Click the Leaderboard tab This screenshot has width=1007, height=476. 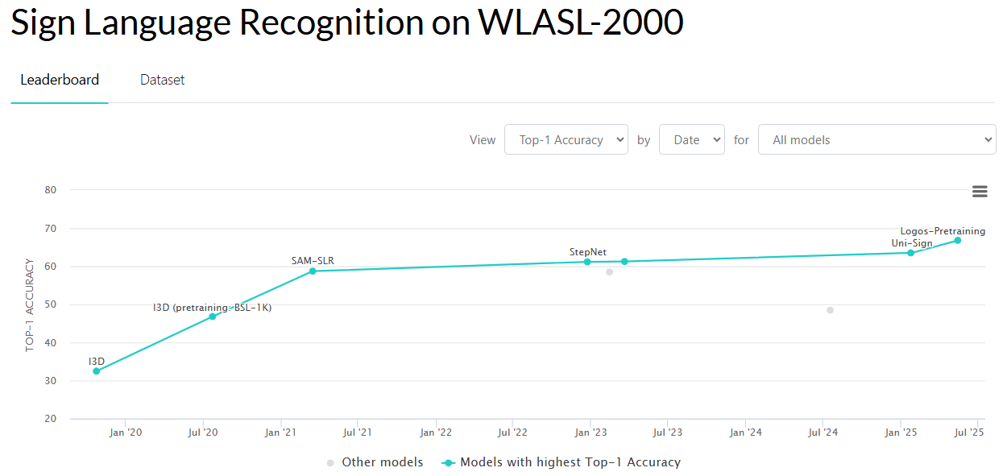point(60,80)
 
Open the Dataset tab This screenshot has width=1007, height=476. point(162,80)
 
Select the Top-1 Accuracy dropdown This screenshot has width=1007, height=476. point(566,139)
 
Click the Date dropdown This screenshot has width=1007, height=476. point(691,139)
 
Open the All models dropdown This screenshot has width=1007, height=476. point(876,139)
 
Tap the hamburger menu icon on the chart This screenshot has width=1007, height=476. point(980,191)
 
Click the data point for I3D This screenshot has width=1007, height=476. point(97,371)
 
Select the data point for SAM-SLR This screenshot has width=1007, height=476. point(313,271)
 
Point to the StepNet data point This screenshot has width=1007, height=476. point(587,262)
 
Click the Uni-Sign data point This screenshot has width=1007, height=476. point(910,253)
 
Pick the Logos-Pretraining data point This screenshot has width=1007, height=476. point(958,240)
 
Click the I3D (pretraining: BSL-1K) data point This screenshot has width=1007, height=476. point(213,317)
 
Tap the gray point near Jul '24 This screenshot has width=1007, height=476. point(830,310)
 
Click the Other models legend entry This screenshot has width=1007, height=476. point(375,462)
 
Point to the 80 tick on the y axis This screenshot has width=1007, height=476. point(51,190)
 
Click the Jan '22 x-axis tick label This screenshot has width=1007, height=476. point(436,433)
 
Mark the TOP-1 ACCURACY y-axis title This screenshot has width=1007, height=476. point(30,304)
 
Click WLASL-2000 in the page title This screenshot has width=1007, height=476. point(581,23)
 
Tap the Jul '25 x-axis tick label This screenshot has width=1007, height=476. point(969,433)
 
